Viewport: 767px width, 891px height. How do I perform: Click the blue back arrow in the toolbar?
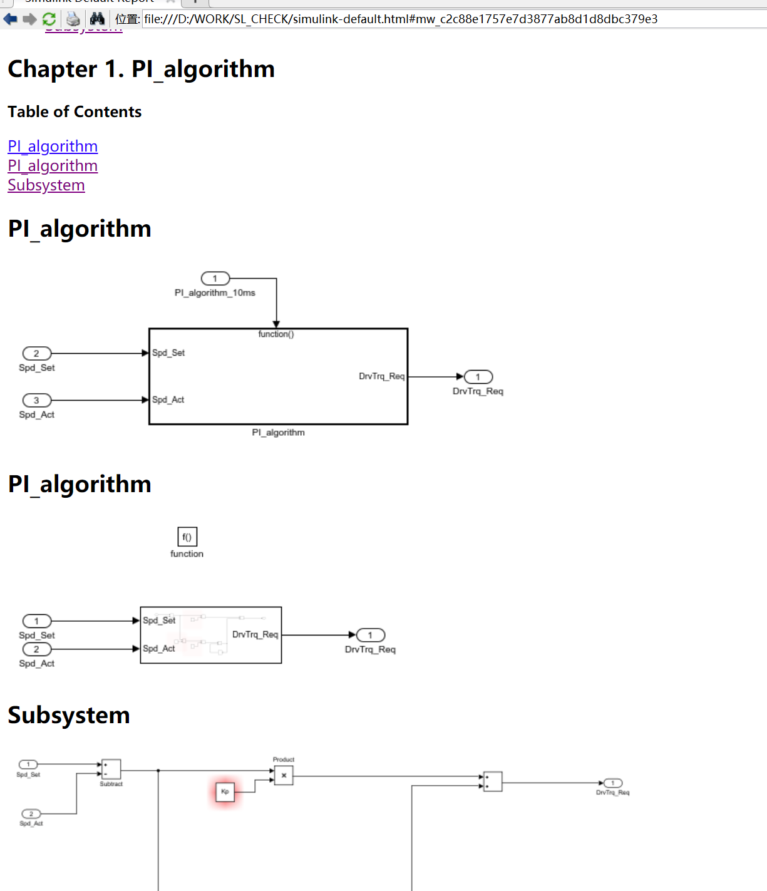coord(10,19)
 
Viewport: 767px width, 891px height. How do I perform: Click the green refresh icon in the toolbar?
coord(49,19)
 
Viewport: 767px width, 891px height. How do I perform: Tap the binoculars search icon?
coord(97,19)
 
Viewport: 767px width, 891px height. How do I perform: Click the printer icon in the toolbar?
coord(73,19)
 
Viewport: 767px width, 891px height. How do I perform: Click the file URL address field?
coord(401,19)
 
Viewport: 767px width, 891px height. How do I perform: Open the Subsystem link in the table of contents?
coord(46,185)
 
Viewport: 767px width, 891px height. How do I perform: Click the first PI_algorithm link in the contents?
coord(53,147)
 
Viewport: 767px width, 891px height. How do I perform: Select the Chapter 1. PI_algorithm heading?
coord(142,69)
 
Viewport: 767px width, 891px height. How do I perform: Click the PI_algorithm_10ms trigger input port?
coord(215,279)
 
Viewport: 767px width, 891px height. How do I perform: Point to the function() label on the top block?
coord(276,334)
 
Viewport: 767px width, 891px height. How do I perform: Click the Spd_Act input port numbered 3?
coord(36,400)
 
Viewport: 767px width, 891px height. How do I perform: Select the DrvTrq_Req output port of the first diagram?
coord(478,377)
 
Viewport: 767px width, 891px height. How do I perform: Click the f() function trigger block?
coord(187,537)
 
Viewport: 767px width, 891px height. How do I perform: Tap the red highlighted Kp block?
coord(225,791)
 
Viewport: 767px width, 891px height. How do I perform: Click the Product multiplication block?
coord(284,775)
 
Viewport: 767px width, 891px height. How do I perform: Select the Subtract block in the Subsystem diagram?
coord(111,769)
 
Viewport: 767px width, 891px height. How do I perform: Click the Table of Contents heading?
coord(75,112)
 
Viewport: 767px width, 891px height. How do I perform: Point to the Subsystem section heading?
coord(69,715)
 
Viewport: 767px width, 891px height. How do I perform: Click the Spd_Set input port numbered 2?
coord(36,353)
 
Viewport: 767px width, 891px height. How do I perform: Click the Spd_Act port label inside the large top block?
coord(168,400)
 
